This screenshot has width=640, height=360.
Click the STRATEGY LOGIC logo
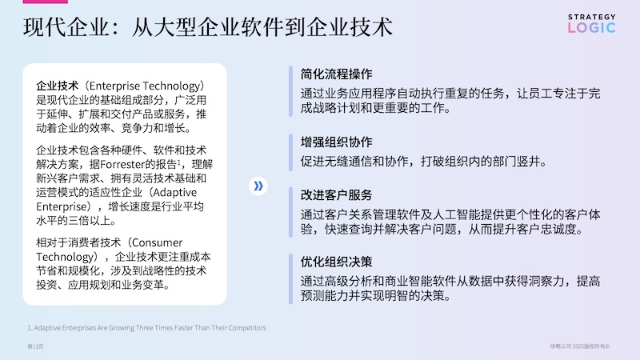591,24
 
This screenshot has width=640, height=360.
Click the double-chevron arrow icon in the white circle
258,186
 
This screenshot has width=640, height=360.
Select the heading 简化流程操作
336,74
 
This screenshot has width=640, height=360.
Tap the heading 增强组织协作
336,142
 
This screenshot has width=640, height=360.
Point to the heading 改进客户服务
336,195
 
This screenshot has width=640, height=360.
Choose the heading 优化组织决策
336,262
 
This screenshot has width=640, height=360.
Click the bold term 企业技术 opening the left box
57,86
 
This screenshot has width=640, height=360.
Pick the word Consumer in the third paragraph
157,243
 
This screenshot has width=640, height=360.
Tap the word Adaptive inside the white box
174,193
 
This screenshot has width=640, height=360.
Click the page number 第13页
35,346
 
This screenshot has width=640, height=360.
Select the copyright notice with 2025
579,346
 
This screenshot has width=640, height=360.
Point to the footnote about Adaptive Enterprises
146,328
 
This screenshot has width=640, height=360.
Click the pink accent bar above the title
46,2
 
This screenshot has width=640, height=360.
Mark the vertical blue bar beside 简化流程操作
290,91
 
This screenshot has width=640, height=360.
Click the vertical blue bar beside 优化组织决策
290,278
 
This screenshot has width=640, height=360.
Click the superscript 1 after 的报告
178,162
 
